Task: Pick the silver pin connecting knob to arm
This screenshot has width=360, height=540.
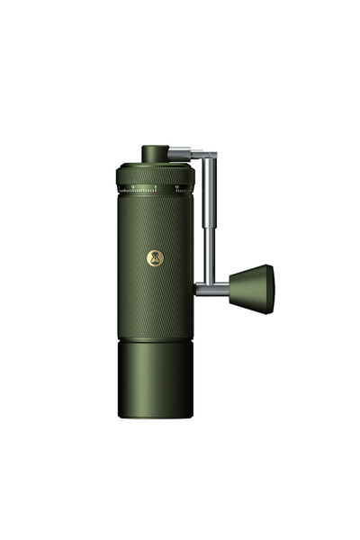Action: click(x=220, y=286)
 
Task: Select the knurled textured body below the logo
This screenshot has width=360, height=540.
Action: click(x=154, y=301)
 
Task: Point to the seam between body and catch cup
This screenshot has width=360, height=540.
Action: click(x=154, y=340)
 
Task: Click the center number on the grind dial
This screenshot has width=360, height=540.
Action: click(x=155, y=187)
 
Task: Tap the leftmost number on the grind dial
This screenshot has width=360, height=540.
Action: click(x=132, y=187)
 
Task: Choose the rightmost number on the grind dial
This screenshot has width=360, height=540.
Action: click(x=177, y=187)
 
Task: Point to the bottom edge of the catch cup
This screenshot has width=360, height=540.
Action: click(x=154, y=418)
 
